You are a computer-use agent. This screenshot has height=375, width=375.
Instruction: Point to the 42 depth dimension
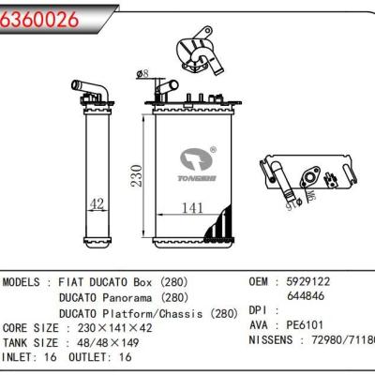(95, 203)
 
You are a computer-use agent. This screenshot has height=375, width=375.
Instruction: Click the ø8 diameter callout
(143, 72)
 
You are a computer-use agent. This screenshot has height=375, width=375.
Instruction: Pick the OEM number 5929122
(308, 281)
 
